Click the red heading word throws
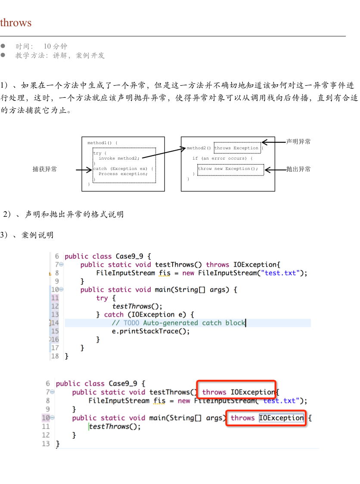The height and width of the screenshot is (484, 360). (16, 23)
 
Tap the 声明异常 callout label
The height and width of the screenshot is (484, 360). (298, 142)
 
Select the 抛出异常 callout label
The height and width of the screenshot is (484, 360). (298, 170)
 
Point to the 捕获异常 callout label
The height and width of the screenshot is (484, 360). (45, 170)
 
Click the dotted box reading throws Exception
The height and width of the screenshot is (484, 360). (237, 148)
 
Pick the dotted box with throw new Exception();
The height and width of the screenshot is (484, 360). (228, 169)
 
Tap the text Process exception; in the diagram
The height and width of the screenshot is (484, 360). (123, 174)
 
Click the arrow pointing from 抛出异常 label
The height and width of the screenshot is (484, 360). (270, 170)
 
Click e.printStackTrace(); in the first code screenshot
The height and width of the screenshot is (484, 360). (151, 331)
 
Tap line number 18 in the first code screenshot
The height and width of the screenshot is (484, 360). (55, 356)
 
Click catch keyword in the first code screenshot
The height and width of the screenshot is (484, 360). (114, 315)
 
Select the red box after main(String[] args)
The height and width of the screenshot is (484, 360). (266, 418)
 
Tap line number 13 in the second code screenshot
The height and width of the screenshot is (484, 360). (46, 444)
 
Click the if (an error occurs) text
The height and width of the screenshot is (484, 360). (222, 158)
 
